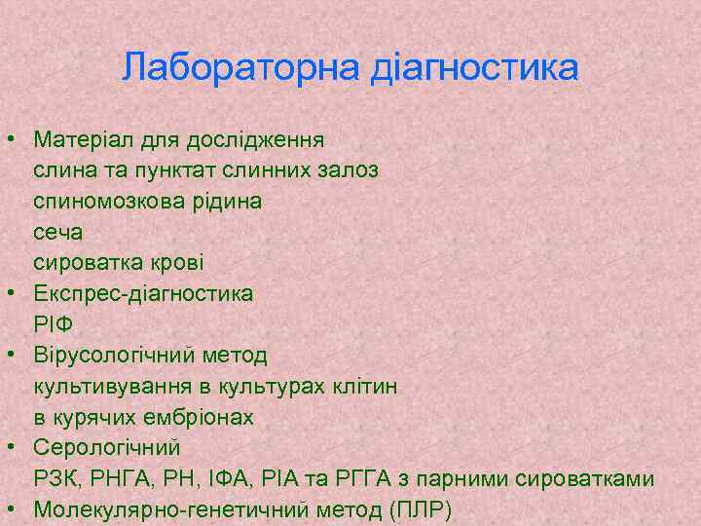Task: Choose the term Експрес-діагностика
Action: [x=143, y=293]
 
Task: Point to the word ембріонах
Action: [x=201, y=418]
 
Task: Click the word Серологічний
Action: [x=107, y=448]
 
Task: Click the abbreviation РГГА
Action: [x=333, y=479]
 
